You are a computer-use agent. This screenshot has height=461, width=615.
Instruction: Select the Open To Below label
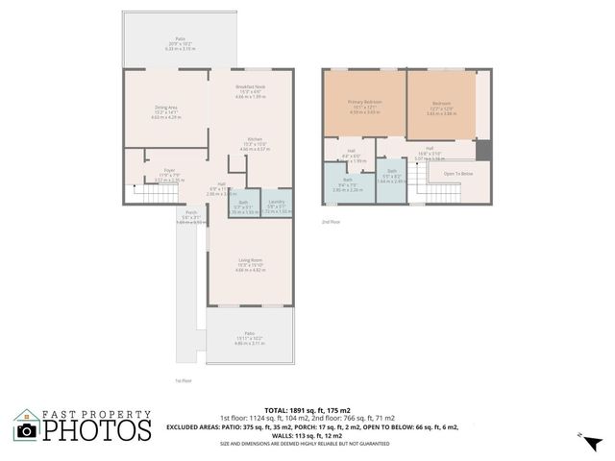point(457,174)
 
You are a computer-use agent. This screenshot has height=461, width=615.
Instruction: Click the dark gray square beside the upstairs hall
point(483,151)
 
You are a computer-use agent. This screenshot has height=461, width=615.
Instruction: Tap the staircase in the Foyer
point(149,194)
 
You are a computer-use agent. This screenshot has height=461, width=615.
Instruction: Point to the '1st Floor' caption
point(184,380)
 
